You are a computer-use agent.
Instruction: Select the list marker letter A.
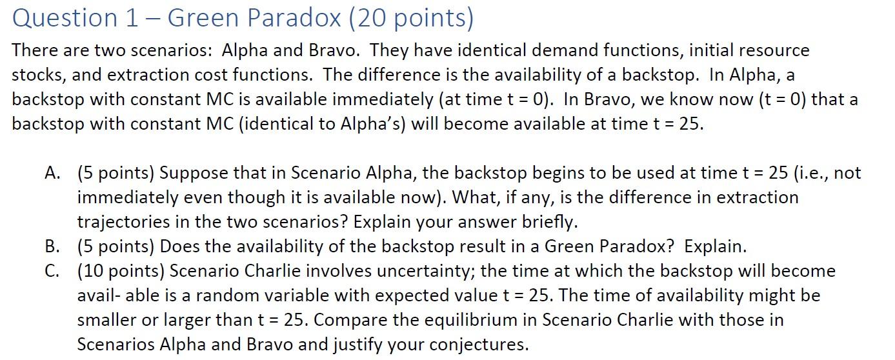click(x=52, y=173)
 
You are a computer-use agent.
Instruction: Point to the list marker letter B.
click(x=52, y=246)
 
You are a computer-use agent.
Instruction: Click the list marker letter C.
click(x=52, y=271)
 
